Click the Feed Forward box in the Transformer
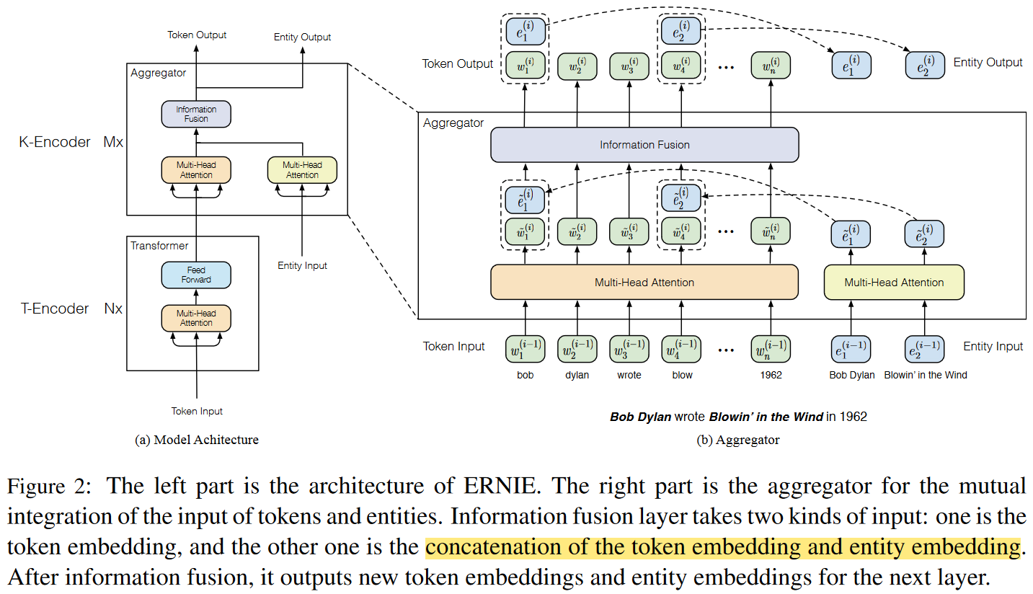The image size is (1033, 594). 196,275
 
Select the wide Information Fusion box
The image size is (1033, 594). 644,145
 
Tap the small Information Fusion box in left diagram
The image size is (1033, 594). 196,114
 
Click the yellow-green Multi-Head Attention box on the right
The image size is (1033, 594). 894,282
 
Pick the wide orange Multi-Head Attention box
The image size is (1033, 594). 644,282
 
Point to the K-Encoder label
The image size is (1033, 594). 55,142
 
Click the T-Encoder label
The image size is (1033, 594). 55,309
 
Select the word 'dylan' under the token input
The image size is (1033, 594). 577,375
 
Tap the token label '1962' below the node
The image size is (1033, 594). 771,375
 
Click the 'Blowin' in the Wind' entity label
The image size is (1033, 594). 926,375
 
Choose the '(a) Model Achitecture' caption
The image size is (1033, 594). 197,440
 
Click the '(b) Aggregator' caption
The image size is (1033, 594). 737,440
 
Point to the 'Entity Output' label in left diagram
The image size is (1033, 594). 302,37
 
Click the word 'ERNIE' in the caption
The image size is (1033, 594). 502,486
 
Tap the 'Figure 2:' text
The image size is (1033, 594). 49,486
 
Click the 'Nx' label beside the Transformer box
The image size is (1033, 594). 113,309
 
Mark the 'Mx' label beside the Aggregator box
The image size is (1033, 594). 113,142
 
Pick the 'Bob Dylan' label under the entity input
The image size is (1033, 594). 852,375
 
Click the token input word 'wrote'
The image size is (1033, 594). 629,375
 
